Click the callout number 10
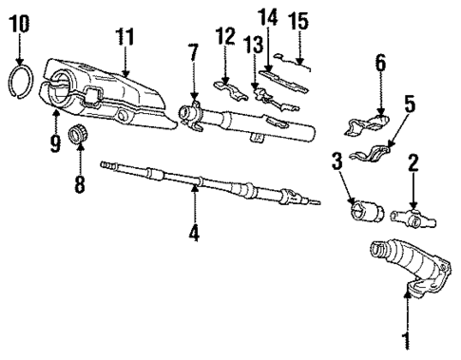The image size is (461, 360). [x=19, y=22]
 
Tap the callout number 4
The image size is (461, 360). [x=195, y=230]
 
